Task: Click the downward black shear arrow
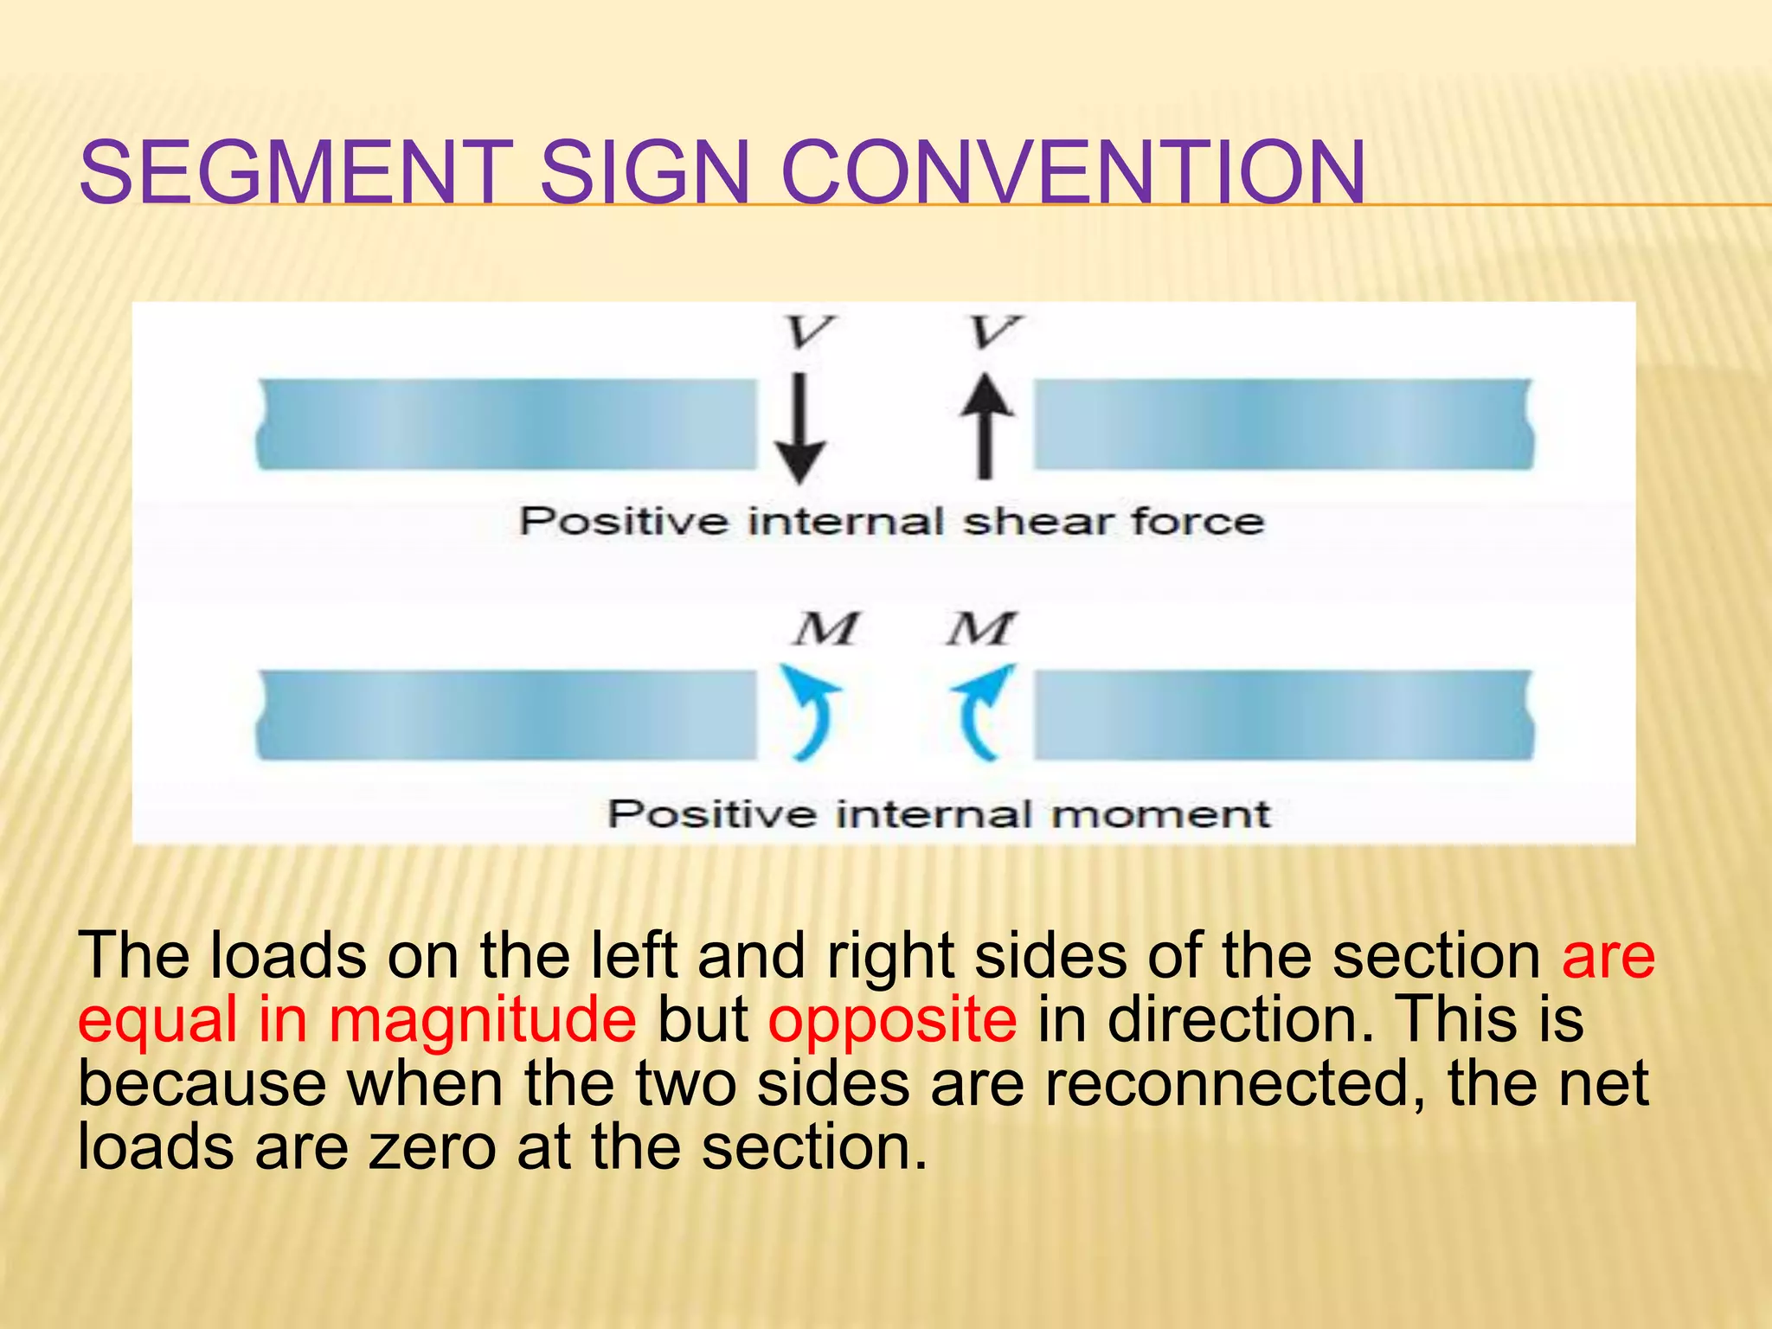coord(799,428)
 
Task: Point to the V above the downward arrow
coord(809,332)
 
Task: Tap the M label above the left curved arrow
coord(825,629)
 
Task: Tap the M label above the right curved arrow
coord(979,629)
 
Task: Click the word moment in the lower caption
coord(1159,814)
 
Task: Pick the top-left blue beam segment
coord(507,424)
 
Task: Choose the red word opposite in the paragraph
coord(892,1019)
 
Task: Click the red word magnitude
coord(482,1019)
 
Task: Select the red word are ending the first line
coord(1608,955)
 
